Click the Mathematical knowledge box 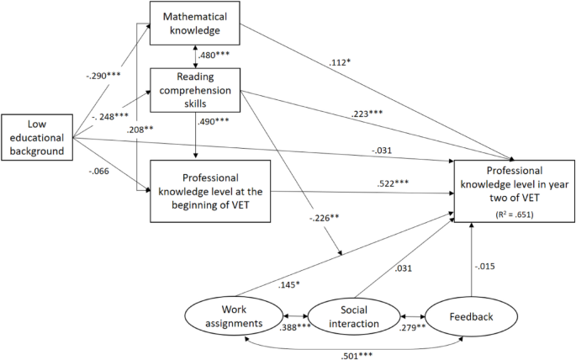click(195, 23)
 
